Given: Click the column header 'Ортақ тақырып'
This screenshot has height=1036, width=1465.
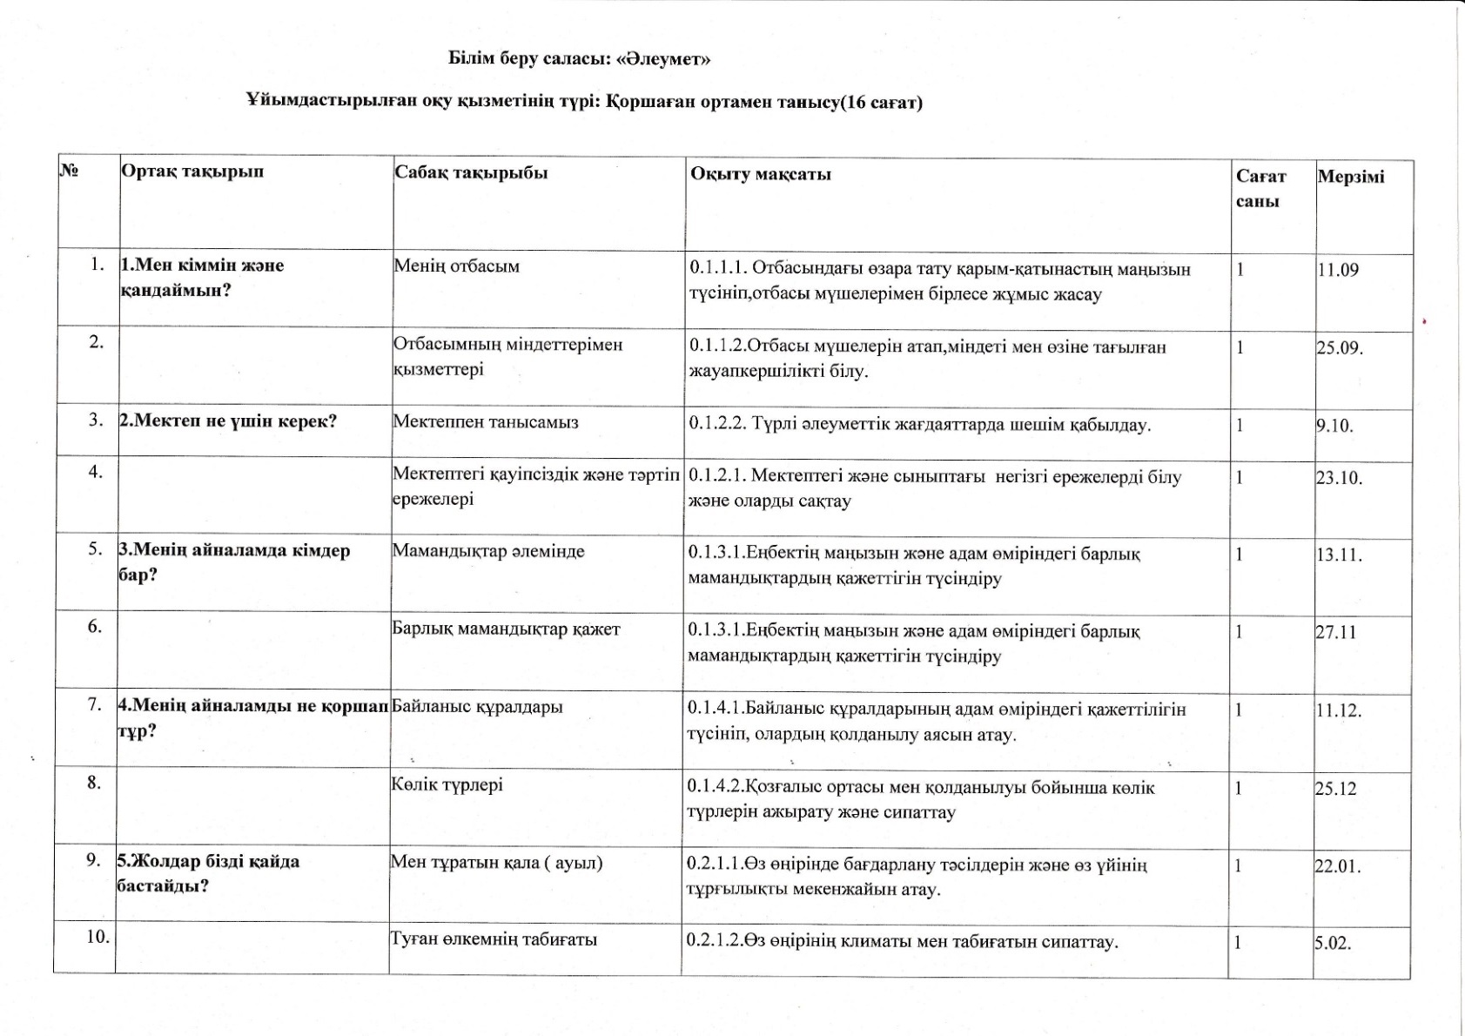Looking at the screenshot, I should pyautogui.click(x=192, y=172).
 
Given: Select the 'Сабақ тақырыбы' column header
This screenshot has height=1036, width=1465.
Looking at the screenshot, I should pyautogui.click(x=471, y=172).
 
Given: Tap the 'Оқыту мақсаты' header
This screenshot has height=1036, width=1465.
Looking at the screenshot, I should pyautogui.click(x=761, y=174).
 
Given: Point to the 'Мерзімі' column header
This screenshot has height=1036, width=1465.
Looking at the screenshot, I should pyautogui.click(x=1351, y=177).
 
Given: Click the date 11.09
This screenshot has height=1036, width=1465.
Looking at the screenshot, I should pyautogui.click(x=1337, y=270).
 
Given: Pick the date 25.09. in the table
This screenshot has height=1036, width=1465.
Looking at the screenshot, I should pyautogui.click(x=1339, y=348).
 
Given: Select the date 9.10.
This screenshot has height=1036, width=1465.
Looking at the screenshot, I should pyautogui.click(x=1334, y=427).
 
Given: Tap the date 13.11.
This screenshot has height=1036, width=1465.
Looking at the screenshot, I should pyautogui.click(x=1339, y=555).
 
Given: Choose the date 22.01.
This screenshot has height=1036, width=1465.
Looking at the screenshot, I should pyautogui.click(x=1338, y=866).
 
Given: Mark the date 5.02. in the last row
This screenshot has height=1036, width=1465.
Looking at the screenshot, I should pyautogui.click(x=1333, y=943).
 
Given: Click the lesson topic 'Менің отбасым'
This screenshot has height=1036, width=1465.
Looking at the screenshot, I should pyautogui.click(x=456, y=266).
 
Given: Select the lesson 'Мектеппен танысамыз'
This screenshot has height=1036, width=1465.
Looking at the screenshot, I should pyautogui.click(x=485, y=422).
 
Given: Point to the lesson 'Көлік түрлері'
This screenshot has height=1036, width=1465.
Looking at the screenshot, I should pyautogui.click(x=447, y=784).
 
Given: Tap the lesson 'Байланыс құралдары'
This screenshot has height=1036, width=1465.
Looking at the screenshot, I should pyautogui.click(x=477, y=706).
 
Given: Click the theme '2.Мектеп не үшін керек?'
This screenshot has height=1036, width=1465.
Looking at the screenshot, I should pyautogui.click(x=227, y=421).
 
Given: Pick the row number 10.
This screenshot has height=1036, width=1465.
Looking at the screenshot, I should pyautogui.click(x=97, y=937).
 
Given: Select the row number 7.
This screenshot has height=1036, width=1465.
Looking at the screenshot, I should pyautogui.click(x=95, y=704).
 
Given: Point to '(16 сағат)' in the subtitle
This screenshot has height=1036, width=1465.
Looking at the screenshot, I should pyautogui.click(x=880, y=102).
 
